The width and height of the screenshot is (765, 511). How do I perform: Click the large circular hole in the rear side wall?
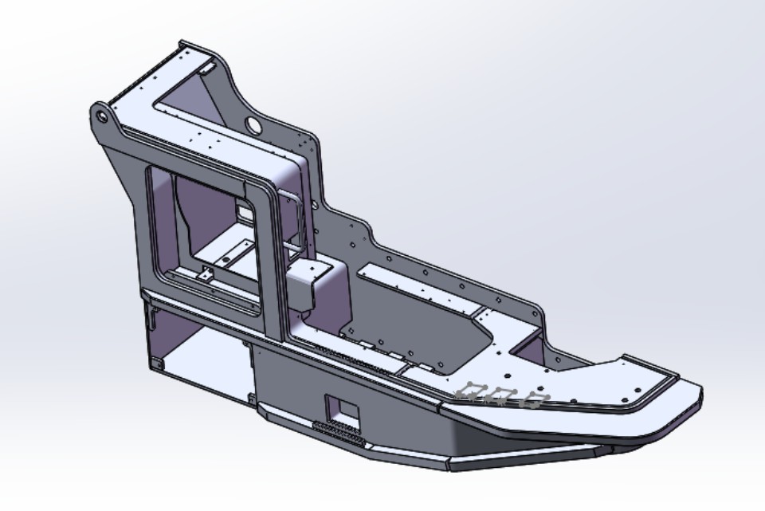click(x=253, y=124)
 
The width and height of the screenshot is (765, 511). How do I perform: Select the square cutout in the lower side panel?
click(x=343, y=407)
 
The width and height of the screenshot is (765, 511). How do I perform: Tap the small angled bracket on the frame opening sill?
click(x=206, y=275)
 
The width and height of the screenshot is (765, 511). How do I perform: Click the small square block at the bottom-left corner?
click(x=156, y=364)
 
